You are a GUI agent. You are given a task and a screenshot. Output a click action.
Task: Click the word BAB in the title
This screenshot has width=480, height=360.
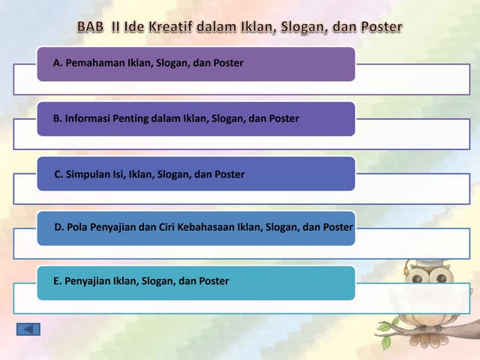[x=91, y=27]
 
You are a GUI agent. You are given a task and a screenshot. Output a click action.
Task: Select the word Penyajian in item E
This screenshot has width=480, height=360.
[x=87, y=281]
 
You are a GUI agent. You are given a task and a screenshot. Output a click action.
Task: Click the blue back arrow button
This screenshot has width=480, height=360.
[x=28, y=328]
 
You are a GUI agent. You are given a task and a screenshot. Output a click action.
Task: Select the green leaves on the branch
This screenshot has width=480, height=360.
[x=386, y=333]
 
